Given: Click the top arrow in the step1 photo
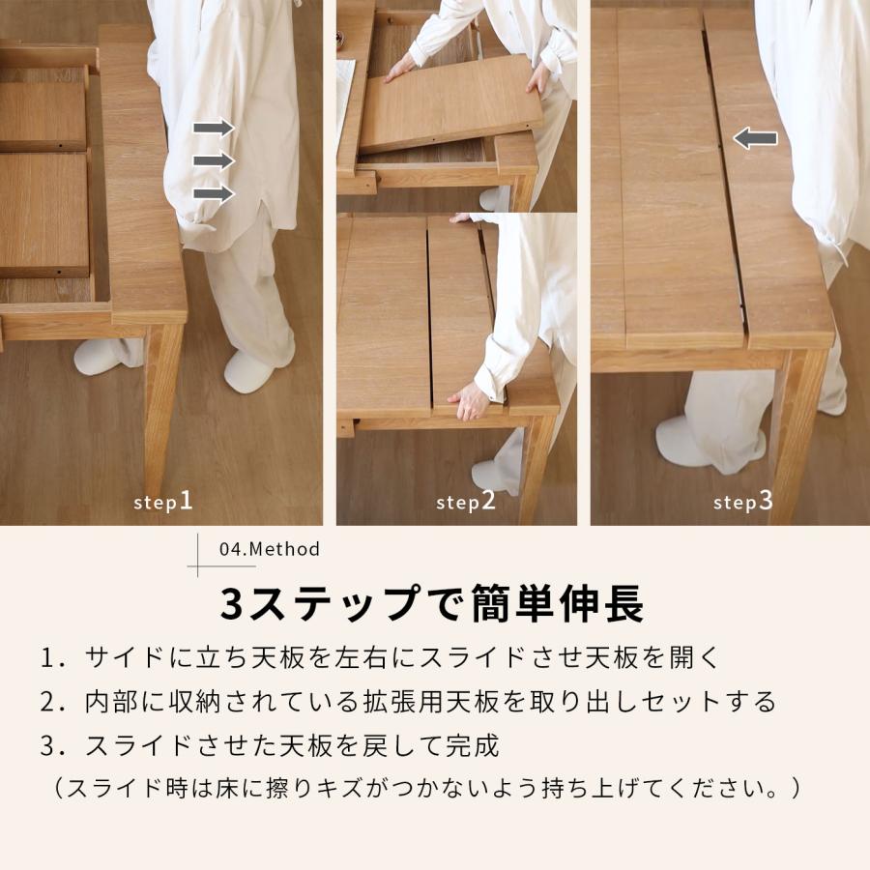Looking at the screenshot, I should (x=214, y=128).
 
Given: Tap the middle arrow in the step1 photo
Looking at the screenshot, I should (x=214, y=160).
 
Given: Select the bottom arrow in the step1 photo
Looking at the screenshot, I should (x=214, y=193).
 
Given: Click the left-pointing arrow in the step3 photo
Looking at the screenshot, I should (x=755, y=138).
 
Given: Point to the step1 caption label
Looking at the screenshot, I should (x=163, y=502).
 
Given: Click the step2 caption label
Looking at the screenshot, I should (x=465, y=502).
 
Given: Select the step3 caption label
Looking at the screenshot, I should (x=743, y=502).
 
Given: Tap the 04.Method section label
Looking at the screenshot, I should (x=270, y=549).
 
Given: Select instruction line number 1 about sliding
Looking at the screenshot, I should (x=381, y=657).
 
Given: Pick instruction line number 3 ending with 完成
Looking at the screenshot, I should (x=270, y=745).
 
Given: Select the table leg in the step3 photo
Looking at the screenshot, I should (x=798, y=435).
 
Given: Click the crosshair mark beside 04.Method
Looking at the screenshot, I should (x=199, y=555).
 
